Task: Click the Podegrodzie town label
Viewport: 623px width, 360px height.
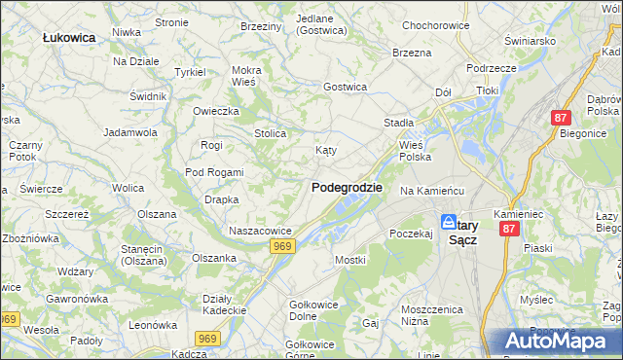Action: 347,188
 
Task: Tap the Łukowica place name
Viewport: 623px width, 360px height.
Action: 68,37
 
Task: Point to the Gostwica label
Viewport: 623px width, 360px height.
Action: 345,87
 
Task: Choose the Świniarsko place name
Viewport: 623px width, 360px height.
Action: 530,41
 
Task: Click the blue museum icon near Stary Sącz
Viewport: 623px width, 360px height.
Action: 448,221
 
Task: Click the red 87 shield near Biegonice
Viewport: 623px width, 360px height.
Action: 560,117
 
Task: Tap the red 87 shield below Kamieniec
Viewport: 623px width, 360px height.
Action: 508,229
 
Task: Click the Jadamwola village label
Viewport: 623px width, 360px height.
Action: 130,131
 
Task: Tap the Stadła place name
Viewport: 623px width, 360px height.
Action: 399,124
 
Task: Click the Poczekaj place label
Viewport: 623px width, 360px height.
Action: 410,234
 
